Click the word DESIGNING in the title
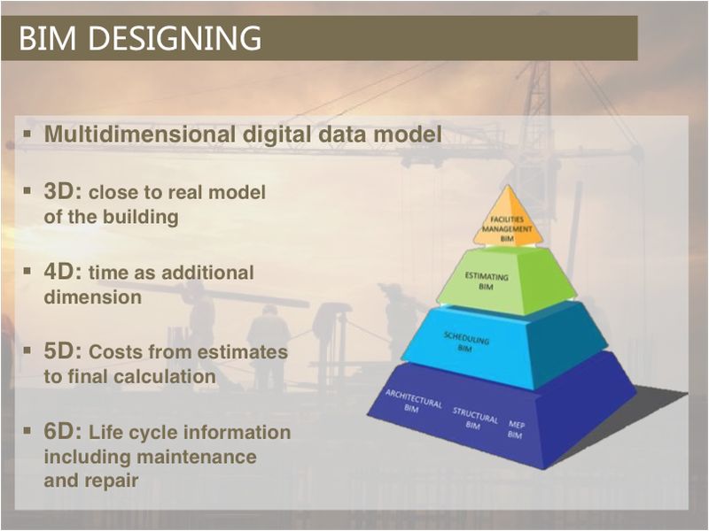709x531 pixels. [x=175, y=38]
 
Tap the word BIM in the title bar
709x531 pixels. [x=48, y=38]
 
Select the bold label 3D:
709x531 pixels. [x=63, y=191]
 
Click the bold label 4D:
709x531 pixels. [x=63, y=272]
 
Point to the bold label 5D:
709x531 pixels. [x=63, y=351]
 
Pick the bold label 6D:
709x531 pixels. [x=63, y=431]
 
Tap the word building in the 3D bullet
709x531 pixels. [x=145, y=217]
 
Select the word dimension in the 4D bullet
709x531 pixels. [x=93, y=297]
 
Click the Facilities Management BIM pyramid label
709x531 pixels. [x=507, y=229]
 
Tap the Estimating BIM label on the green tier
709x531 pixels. [x=487, y=281]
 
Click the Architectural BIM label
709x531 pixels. [x=413, y=401]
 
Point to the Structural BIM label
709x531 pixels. [x=474, y=419]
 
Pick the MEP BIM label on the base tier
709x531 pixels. [x=516, y=430]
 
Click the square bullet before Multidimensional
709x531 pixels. [x=27, y=134]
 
